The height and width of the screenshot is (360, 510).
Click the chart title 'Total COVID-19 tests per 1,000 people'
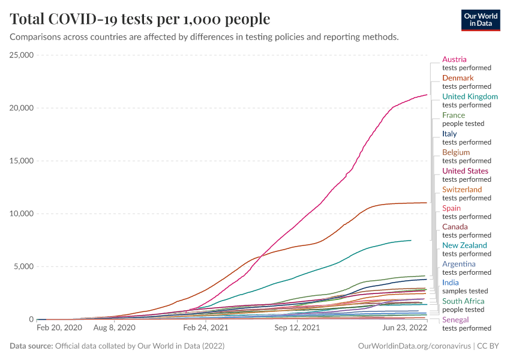pyautogui.click(x=140, y=19)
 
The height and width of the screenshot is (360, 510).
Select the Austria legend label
pyautogui.click(x=454, y=59)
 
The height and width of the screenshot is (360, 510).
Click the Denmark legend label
pyautogui.click(x=458, y=78)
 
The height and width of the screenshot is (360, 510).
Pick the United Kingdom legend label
pyautogui.click(x=470, y=97)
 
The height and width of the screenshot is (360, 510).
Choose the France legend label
pyautogui.click(x=454, y=115)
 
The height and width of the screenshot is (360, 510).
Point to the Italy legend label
pyautogui.click(x=450, y=134)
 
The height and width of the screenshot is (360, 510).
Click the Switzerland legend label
pyautogui.click(x=462, y=190)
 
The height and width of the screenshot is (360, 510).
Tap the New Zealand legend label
pyautogui.click(x=464, y=245)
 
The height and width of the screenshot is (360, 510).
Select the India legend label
pyautogui.click(x=451, y=283)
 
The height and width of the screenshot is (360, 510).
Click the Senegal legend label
pyautogui.click(x=455, y=320)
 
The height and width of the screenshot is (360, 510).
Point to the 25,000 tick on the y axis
pyautogui.click(x=22, y=55)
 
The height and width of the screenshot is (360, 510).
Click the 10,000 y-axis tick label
pyautogui.click(x=22, y=214)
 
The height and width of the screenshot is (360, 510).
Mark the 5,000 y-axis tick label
pyautogui.click(x=25, y=266)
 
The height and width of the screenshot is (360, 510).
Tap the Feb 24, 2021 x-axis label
pyautogui.click(x=206, y=329)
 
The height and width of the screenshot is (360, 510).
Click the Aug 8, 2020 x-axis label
pyautogui.click(x=114, y=329)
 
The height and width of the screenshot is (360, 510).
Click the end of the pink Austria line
pyautogui.click(x=427, y=95)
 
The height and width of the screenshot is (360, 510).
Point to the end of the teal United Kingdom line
pyautogui.click(x=411, y=241)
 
